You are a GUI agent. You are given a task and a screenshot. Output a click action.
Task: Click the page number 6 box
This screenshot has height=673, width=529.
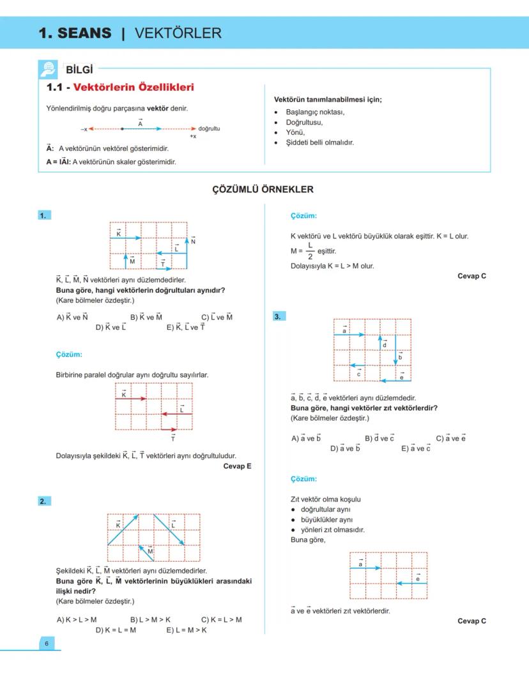(x=46, y=644)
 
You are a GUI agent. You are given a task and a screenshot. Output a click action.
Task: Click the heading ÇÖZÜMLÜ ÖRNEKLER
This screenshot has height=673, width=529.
(x=263, y=190)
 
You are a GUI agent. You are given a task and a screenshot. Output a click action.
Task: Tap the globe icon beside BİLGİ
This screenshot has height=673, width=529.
(x=48, y=69)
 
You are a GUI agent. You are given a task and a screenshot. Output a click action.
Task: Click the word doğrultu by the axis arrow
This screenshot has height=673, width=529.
(x=209, y=128)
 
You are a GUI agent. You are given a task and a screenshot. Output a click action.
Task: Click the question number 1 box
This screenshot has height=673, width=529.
(x=43, y=215)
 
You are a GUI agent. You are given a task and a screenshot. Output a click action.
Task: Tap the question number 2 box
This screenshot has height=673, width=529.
(x=43, y=501)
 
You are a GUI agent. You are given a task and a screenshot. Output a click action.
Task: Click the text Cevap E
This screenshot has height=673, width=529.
(x=237, y=466)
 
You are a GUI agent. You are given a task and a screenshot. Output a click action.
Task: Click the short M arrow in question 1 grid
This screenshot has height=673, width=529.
(x=125, y=261)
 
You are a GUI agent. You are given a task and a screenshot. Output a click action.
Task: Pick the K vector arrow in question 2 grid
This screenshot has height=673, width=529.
(x=123, y=529)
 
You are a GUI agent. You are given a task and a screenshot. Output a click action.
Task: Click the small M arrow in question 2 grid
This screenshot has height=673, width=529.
(x=147, y=553)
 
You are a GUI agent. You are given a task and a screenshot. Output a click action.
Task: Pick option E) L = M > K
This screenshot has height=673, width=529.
(x=187, y=630)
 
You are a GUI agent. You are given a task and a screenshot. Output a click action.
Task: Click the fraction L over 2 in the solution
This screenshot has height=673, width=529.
(x=310, y=251)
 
